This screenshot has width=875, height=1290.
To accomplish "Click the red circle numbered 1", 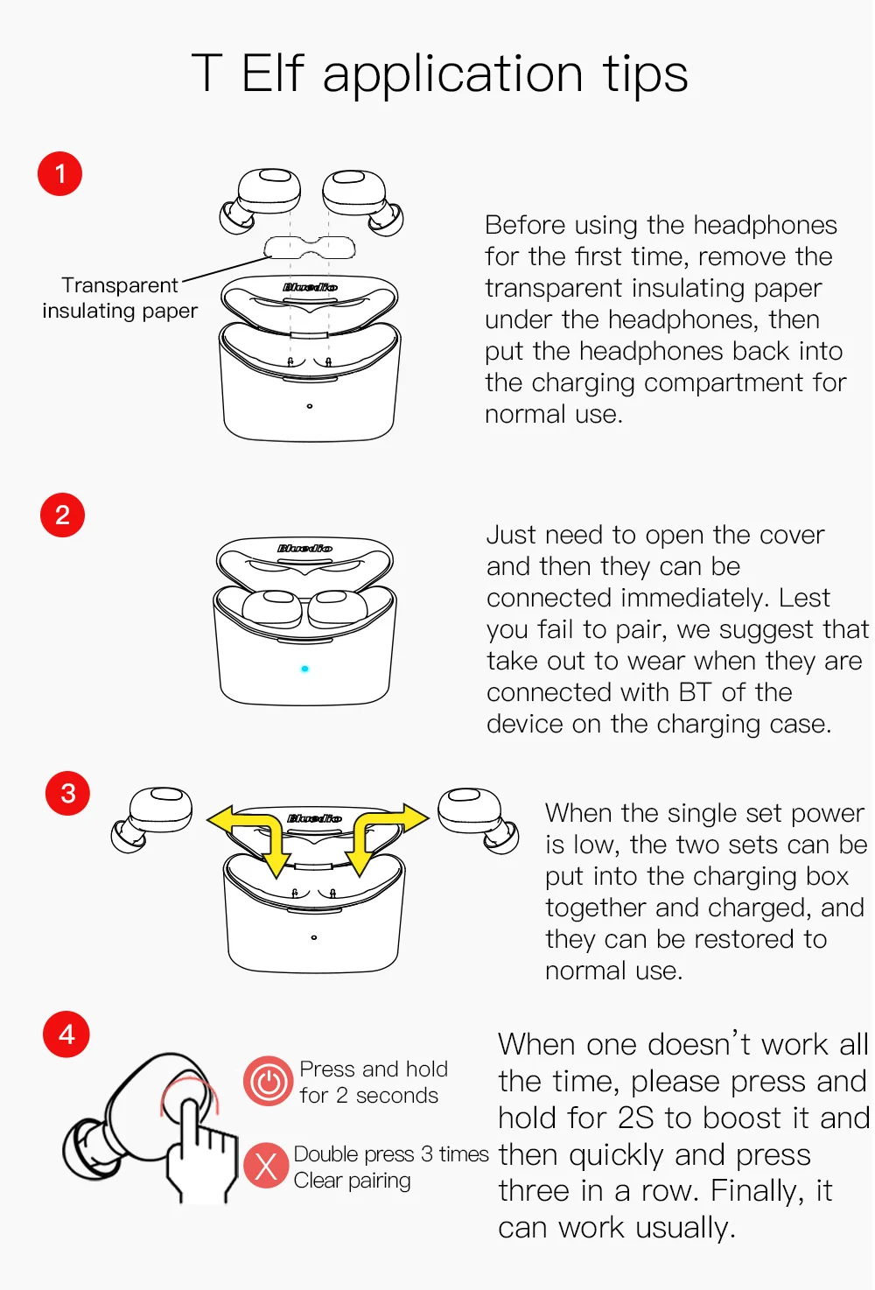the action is [x=59, y=173].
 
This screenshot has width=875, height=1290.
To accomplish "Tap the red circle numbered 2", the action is [x=62, y=515].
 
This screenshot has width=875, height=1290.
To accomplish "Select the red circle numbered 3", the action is [x=67, y=793].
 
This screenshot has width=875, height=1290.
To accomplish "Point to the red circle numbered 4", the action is [x=66, y=1034].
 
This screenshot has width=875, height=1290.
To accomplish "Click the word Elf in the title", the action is [x=272, y=73].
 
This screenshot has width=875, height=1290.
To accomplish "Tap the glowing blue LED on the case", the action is [x=304, y=669].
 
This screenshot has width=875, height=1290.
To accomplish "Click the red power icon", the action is [x=269, y=1081].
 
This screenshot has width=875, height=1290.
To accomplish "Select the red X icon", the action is [x=266, y=1166].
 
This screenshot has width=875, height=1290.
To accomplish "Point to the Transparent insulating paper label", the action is [x=120, y=298].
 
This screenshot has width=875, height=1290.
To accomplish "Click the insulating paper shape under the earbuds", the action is [x=310, y=248].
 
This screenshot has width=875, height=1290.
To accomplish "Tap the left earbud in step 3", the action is [x=151, y=819].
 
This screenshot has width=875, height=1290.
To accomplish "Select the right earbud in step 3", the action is [x=478, y=820].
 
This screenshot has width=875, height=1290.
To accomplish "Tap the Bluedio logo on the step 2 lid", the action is [x=304, y=548].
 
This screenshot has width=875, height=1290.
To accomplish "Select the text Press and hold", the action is [x=374, y=1069].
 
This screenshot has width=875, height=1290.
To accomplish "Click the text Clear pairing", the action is [x=352, y=1181].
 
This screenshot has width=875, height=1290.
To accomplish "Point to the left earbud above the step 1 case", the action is [x=260, y=201].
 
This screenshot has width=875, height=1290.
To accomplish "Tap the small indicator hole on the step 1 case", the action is [x=310, y=406].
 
